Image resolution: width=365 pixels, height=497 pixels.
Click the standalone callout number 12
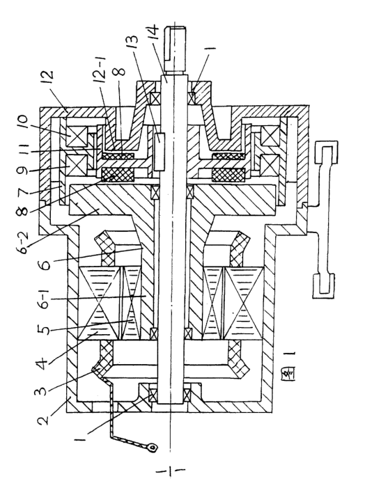pos(46,79)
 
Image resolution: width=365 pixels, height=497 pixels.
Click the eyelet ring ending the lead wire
pos(153,448)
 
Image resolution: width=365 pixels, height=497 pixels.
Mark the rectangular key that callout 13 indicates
pos(160,152)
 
